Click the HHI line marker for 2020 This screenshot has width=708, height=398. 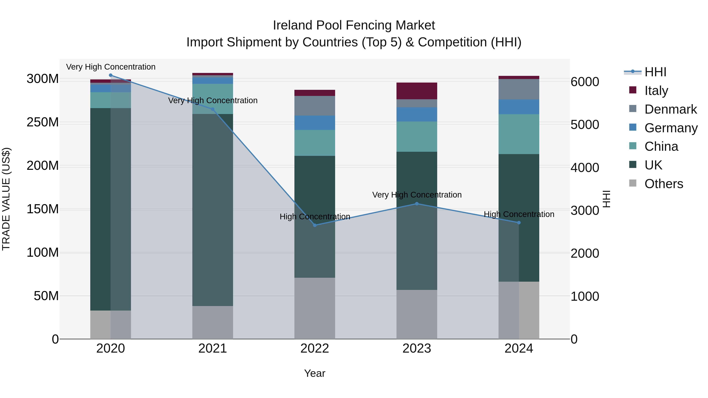click(111, 75)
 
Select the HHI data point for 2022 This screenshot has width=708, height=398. click(315, 225)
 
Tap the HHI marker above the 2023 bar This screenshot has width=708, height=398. click(417, 204)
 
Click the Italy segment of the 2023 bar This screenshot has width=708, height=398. click(417, 91)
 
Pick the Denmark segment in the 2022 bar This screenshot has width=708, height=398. click(315, 106)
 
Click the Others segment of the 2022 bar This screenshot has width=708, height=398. click(315, 308)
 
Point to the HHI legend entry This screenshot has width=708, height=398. click(655, 72)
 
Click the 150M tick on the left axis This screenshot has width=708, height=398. click(43, 209)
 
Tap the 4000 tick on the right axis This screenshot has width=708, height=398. click(585, 167)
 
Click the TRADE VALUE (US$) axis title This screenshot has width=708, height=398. click(6, 199)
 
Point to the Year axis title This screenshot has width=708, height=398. click(315, 373)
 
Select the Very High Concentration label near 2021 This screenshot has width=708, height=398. click(213, 100)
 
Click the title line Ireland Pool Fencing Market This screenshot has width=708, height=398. click(354, 25)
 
